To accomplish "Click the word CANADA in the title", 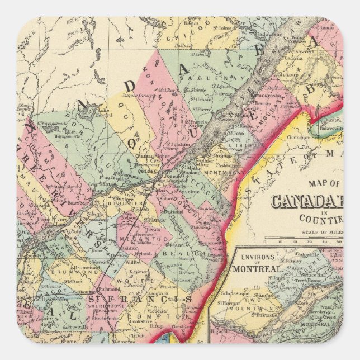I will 306,201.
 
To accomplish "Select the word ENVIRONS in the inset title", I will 260,258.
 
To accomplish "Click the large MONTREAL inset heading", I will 258,269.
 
